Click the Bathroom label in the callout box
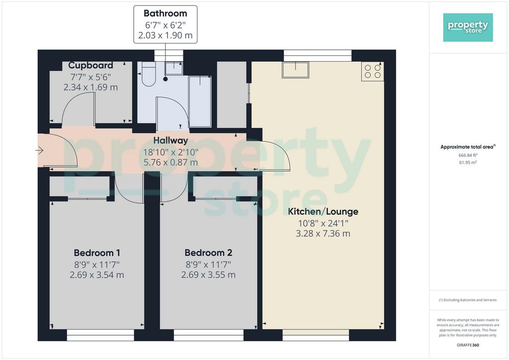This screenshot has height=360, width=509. pyautogui.click(x=165, y=13)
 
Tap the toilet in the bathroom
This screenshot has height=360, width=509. pyautogui.click(x=149, y=75)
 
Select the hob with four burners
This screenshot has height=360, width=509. pyautogui.click(x=372, y=72)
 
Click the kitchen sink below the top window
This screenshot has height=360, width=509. pyautogui.click(x=295, y=70)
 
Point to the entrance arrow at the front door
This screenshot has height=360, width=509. pyautogui.click(x=39, y=150)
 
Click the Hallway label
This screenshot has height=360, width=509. pyautogui.click(x=170, y=141)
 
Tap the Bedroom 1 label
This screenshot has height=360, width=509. pyautogui.click(x=97, y=253)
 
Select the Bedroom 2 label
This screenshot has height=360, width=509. pyautogui.click(x=208, y=253)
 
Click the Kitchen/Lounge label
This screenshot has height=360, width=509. pyautogui.click(x=323, y=212)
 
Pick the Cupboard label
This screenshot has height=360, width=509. pyautogui.click(x=90, y=65)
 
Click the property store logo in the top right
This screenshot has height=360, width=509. pyautogui.click(x=468, y=27)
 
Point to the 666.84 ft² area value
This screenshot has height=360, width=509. pyautogui.click(x=468, y=155)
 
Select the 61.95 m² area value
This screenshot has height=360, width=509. pyautogui.click(x=468, y=162)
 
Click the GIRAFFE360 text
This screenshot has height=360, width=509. pyautogui.click(x=468, y=345)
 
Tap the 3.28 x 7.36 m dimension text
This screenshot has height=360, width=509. pyautogui.click(x=323, y=233)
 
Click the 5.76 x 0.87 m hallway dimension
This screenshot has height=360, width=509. pyautogui.click(x=170, y=162)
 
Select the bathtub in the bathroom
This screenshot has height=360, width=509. pyautogui.click(x=200, y=101)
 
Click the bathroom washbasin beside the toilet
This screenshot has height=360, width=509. pyautogui.click(x=173, y=68)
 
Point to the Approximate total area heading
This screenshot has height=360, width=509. pyautogui.click(x=468, y=147)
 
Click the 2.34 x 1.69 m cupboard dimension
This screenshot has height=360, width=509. pyautogui.click(x=90, y=87)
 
